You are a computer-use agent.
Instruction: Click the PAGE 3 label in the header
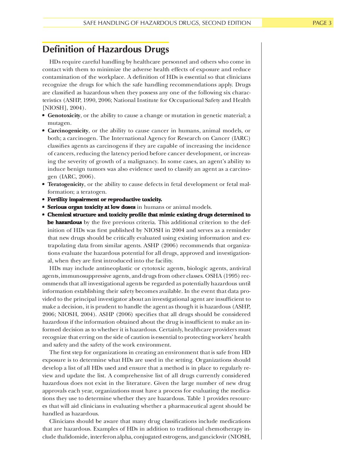click(322, 23)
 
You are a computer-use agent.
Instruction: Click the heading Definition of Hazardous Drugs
click(106, 49)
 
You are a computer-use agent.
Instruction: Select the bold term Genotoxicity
click(64, 115)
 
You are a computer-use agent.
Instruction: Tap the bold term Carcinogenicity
click(68, 131)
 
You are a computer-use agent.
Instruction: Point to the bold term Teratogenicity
click(66, 184)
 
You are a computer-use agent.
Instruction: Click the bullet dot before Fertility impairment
click(43, 200)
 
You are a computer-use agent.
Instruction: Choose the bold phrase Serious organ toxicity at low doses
click(91, 207)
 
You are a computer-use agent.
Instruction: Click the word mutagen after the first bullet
click(59, 123)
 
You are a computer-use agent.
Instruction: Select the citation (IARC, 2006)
click(77, 177)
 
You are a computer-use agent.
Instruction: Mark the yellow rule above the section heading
click(106, 42)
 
